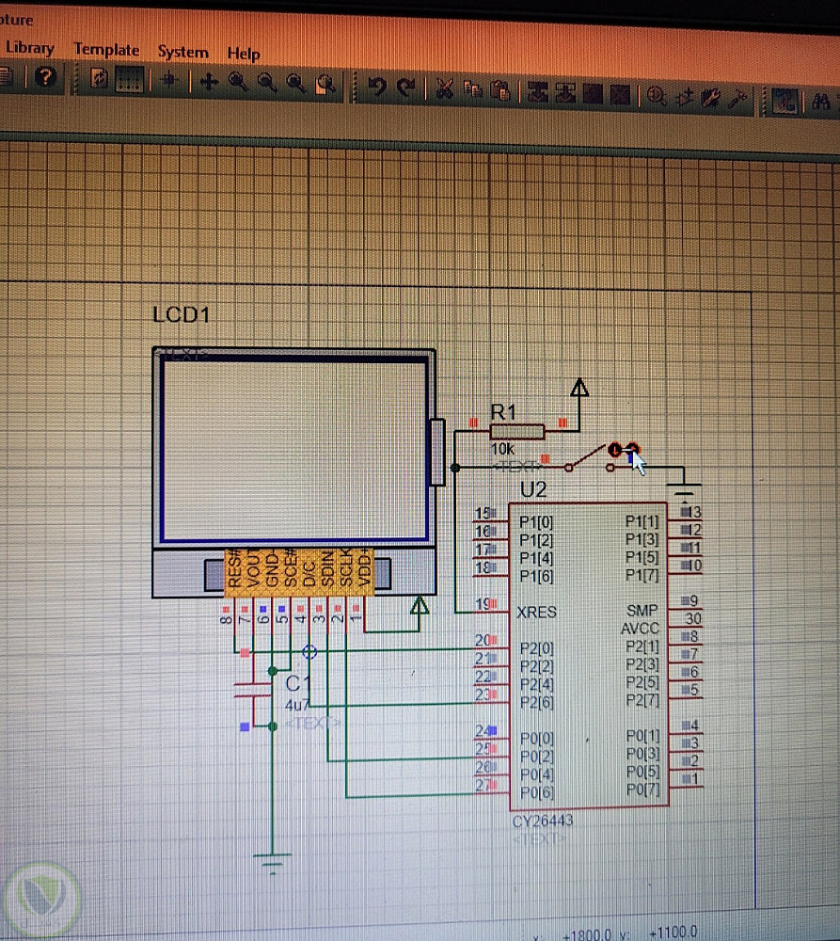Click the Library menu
[30, 48]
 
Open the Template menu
[106, 50]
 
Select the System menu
[182, 52]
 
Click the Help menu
[243, 54]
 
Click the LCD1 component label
[181, 314]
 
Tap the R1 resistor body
[516, 431]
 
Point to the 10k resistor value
[503, 450]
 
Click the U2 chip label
[533, 489]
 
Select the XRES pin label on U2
[536, 612]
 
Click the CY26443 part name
[543, 821]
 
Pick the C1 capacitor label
[297, 684]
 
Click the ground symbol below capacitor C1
[273, 859]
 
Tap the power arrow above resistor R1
[580, 387]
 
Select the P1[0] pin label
[536, 521]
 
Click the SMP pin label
[642, 611]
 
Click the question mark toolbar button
[45, 77]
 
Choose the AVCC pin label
[640, 629]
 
